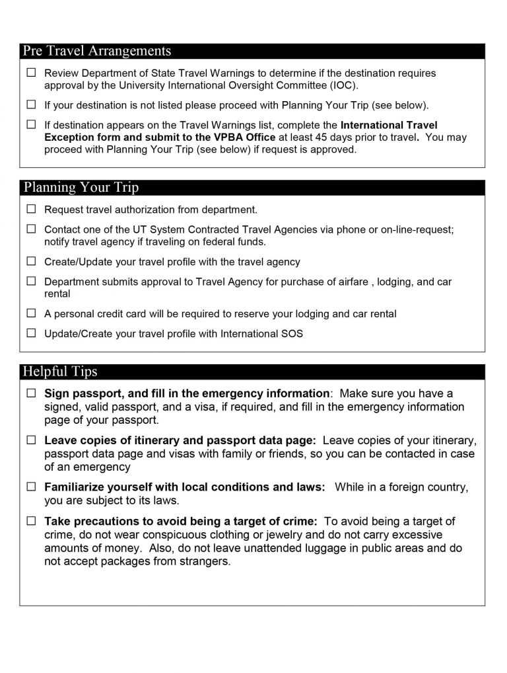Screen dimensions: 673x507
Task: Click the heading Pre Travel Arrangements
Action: (96, 52)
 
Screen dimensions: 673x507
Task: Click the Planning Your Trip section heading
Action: (81, 188)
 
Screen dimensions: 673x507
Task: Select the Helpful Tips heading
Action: (60, 372)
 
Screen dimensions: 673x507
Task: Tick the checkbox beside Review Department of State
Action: (31, 73)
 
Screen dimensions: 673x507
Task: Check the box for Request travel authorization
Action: (31, 210)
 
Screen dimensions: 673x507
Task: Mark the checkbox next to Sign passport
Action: (31, 393)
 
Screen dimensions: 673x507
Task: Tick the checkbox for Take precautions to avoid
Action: (31, 521)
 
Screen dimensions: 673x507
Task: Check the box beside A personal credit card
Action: (31, 313)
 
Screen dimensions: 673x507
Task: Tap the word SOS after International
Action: (292, 334)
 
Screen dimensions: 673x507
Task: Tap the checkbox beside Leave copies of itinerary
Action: (31, 440)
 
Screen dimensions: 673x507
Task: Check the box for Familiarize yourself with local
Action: (31, 487)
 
